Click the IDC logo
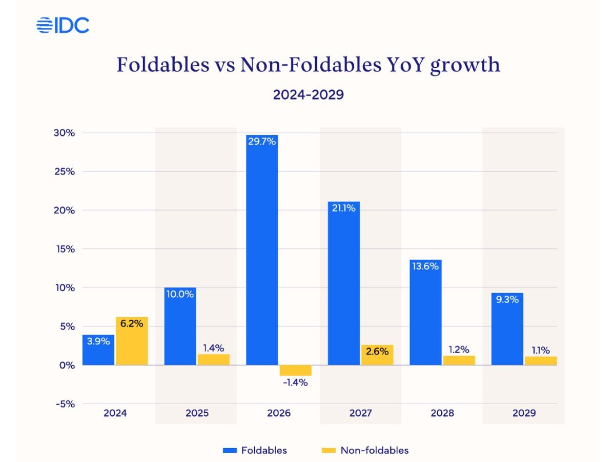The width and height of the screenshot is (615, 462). (63, 25)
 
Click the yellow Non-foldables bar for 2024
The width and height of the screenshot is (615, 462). (132, 341)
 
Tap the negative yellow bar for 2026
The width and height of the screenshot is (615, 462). (296, 371)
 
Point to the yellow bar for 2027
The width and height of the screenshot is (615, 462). (377, 355)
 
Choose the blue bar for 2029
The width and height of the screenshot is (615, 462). (507, 329)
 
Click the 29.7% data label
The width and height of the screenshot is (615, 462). (262, 142)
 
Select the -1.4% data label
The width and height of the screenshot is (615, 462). (295, 382)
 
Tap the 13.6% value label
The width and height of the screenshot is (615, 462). (426, 266)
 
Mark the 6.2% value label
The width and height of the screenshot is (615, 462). (132, 324)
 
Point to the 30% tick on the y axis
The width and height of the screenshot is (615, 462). (65, 133)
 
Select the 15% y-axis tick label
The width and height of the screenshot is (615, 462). (65, 249)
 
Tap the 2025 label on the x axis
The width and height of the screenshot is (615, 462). (197, 413)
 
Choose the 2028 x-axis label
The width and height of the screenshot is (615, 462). (442, 413)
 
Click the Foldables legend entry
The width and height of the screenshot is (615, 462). (255, 450)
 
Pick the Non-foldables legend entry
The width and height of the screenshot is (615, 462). (365, 450)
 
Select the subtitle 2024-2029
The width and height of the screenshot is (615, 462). (307, 94)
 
